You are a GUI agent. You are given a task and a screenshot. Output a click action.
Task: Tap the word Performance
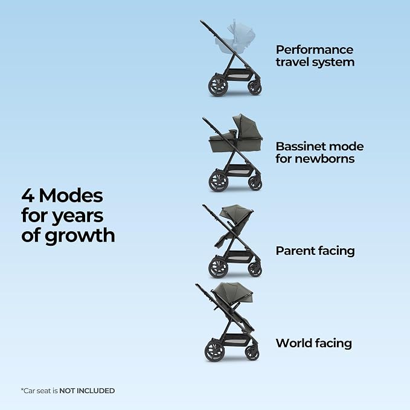pyautogui.click(x=315, y=50)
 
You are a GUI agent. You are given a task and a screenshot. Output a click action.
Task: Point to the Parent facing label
pyautogui.click(x=315, y=251)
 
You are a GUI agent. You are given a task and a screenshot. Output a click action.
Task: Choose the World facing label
pyautogui.click(x=314, y=344)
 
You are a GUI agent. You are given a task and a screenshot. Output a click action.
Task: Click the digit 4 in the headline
pyautogui.click(x=28, y=196)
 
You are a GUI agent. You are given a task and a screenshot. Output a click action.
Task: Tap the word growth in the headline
pyautogui.click(x=80, y=236)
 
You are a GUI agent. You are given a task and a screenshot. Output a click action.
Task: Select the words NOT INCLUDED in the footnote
pyautogui.click(x=87, y=391)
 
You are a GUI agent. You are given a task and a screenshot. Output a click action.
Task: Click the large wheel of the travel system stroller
pyautogui.click(x=218, y=85)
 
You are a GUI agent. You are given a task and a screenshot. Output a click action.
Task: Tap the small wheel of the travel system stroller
pyautogui.click(x=254, y=87)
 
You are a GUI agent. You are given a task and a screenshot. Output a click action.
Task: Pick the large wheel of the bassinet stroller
pyautogui.click(x=219, y=181)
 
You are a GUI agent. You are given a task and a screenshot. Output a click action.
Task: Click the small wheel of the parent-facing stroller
pyautogui.click(x=255, y=269)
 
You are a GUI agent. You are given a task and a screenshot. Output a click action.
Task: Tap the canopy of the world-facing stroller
pyautogui.click(x=232, y=292)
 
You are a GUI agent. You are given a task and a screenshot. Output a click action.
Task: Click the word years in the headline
pyautogui.click(x=78, y=217)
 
